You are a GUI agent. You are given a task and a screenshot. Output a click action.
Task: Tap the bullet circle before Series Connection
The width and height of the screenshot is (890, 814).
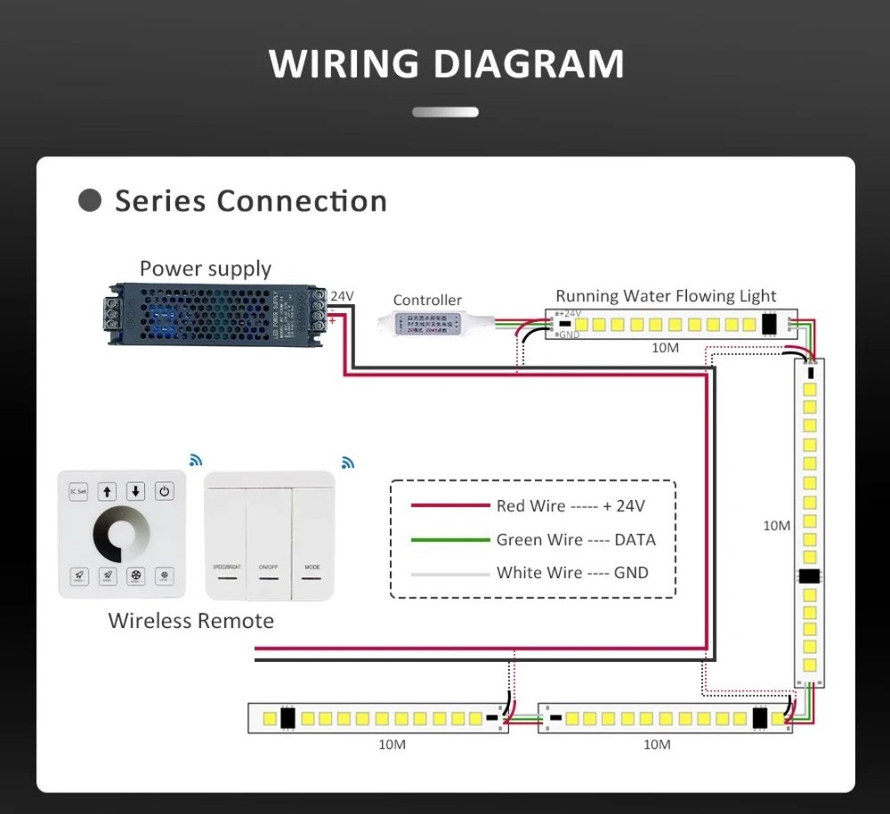click(90, 200)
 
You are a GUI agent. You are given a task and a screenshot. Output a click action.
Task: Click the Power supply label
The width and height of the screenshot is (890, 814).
click(205, 269)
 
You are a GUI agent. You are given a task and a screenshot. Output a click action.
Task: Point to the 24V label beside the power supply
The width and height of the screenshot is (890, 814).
click(343, 296)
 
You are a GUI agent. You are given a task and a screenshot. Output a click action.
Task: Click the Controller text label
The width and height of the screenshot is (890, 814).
click(427, 300)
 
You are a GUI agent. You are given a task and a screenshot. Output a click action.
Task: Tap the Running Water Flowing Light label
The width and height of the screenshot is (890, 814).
click(666, 295)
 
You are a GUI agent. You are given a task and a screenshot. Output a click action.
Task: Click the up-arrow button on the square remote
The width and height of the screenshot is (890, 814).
click(107, 491)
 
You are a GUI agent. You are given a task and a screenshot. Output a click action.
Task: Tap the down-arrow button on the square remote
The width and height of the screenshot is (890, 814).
click(135, 491)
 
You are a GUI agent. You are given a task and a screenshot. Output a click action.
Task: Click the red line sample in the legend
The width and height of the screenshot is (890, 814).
click(449, 506)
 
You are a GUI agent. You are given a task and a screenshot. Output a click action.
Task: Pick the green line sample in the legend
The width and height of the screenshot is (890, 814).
click(449, 540)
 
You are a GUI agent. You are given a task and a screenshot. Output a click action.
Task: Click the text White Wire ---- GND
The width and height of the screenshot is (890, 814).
click(572, 573)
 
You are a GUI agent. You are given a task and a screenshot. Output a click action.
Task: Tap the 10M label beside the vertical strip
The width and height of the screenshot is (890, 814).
click(776, 526)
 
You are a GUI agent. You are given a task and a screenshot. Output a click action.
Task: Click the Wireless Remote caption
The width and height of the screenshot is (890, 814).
click(190, 621)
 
